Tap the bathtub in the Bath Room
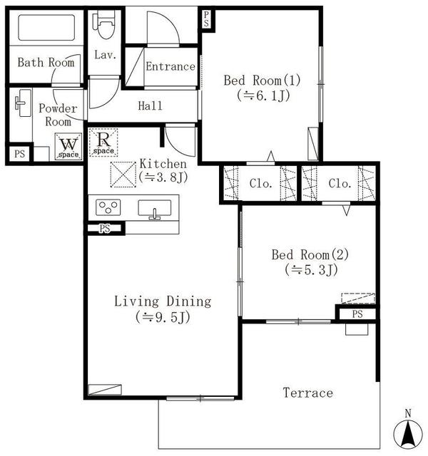tap(46, 28)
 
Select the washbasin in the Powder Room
tap(23, 103)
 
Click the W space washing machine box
tap(68, 147)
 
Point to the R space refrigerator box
tap(103, 142)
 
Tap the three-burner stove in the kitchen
tap(108, 207)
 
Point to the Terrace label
tap(307, 393)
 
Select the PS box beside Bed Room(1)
tap(207, 19)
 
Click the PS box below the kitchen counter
tap(105, 228)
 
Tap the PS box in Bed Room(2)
tap(357, 313)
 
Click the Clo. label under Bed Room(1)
tap(261, 184)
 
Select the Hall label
tap(151, 105)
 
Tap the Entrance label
tap(170, 66)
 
